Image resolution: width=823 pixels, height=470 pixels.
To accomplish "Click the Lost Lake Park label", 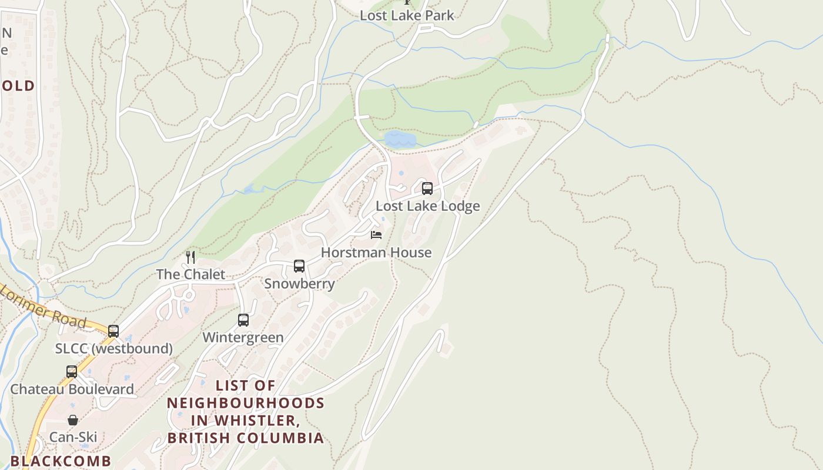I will [x=407, y=15].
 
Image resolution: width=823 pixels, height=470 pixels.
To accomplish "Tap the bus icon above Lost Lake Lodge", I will [x=427, y=189].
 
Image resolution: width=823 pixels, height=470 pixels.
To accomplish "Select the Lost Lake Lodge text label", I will [x=427, y=206].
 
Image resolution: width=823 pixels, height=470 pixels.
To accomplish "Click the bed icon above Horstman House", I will [x=376, y=235].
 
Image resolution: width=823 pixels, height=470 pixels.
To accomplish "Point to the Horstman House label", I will [x=376, y=253].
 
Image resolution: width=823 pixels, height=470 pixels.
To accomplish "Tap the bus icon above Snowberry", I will [x=299, y=266].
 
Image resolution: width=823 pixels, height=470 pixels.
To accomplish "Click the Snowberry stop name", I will [x=299, y=284].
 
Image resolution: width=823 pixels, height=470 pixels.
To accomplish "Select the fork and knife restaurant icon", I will [x=190, y=257].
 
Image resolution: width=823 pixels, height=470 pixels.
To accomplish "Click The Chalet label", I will [x=190, y=274].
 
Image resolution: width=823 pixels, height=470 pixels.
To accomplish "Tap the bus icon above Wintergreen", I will [x=243, y=320].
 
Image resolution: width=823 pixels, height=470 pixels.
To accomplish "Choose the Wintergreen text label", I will [x=243, y=338].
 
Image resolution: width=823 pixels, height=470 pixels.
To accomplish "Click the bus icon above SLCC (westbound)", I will [x=113, y=331].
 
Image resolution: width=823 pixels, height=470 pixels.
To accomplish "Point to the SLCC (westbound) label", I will [x=114, y=348].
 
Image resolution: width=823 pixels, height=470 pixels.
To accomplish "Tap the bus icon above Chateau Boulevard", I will [x=72, y=372].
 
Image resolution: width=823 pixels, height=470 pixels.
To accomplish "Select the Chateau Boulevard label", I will [x=72, y=389].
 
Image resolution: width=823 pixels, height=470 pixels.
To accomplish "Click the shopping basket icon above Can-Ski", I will [x=73, y=420].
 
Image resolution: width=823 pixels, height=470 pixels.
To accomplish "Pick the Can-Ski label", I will [x=73, y=437].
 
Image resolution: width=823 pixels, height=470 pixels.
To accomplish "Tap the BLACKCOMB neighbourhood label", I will [x=61, y=461].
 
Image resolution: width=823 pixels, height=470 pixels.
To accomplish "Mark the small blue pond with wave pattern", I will [x=400, y=139].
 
